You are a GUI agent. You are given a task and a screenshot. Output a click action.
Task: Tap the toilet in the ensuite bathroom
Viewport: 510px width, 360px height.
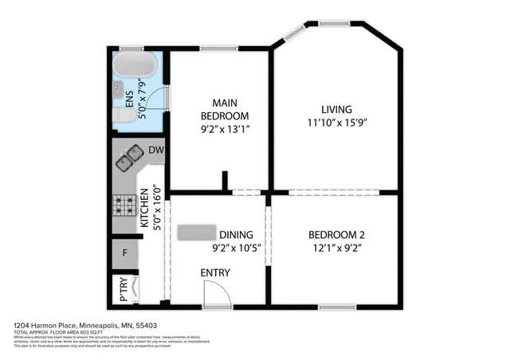pyautogui.click(x=123, y=117)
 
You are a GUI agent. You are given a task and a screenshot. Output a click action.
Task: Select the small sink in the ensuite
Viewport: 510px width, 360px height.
pyautogui.click(x=117, y=87)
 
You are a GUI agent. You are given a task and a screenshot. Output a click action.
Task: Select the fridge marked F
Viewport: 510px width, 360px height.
pyautogui.click(x=124, y=254)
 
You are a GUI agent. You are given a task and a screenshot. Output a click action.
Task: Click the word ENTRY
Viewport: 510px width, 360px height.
pyautogui.click(x=215, y=273)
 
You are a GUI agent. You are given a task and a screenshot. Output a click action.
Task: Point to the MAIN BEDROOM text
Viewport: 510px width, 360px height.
pyautogui.click(x=218, y=109)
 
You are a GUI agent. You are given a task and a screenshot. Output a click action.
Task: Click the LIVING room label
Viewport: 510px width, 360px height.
pyautogui.click(x=336, y=109)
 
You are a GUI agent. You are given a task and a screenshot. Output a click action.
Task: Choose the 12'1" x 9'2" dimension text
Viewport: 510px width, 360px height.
pyautogui.click(x=336, y=248)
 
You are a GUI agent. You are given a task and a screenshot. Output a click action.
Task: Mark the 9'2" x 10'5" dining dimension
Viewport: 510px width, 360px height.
pyautogui.click(x=237, y=248)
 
